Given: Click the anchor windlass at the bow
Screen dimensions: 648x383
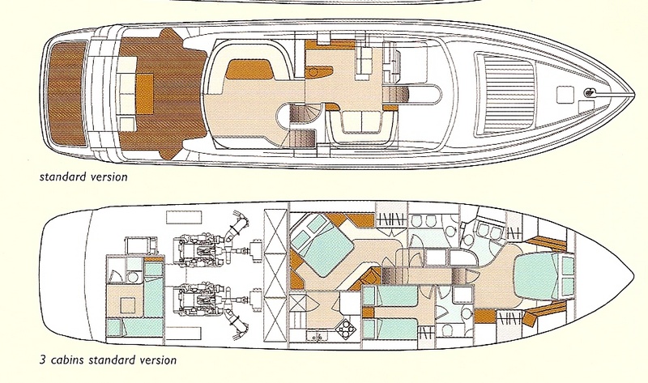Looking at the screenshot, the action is click(x=588, y=93).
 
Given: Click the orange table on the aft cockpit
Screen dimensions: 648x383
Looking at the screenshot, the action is click(x=145, y=94).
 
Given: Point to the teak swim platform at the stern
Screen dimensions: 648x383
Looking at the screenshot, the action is click(x=67, y=93).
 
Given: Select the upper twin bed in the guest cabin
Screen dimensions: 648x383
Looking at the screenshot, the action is click(x=391, y=296).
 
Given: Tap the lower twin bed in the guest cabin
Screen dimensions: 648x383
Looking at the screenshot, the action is click(x=391, y=330).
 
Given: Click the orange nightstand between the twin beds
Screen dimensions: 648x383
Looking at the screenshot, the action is click(x=369, y=313).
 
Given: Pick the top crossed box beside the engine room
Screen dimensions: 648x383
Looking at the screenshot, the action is click(x=275, y=223).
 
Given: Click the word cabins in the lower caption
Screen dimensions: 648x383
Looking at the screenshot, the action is click(x=66, y=360).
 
